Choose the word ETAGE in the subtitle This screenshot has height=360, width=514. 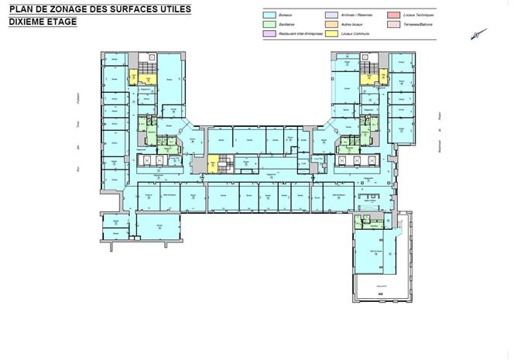(x=65, y=22)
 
